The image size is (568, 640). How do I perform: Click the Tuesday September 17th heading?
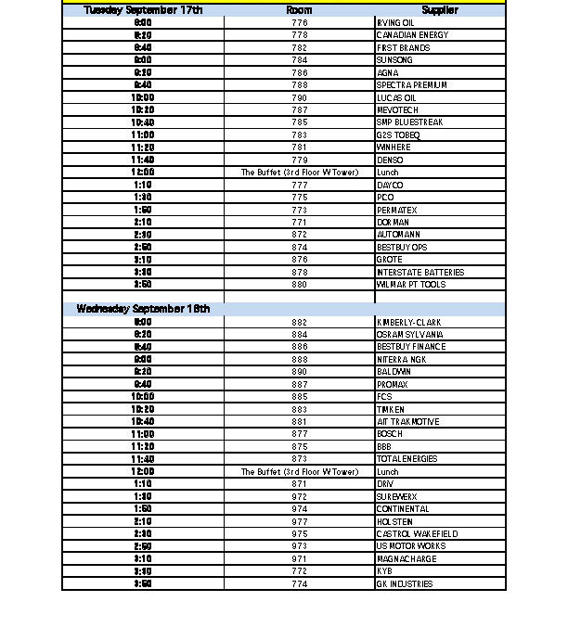point(143,10)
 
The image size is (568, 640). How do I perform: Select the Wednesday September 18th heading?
point(143,309)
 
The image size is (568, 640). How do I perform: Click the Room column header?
point(299,10)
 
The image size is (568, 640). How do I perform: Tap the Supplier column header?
point(440,10)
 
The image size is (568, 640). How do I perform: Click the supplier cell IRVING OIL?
point(395,22)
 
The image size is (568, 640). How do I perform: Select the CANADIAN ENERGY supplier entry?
point(412,35)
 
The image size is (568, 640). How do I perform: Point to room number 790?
point(299,97)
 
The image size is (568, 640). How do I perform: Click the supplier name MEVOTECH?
point(397,110)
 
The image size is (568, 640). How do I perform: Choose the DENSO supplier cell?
point(390,160)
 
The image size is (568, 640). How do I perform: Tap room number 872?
point(299,235)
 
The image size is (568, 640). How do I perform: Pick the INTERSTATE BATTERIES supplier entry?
point(418,273)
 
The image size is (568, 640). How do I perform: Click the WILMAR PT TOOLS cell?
point(411,285)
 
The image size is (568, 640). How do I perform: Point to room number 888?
point(299,359)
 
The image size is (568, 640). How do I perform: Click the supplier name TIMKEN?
point(391,409)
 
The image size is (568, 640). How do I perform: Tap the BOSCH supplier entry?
point(390,434)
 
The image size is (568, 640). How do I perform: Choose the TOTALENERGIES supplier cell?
point(407,459)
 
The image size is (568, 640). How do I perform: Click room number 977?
point(299,522)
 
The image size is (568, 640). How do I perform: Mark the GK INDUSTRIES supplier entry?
point(404,584)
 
